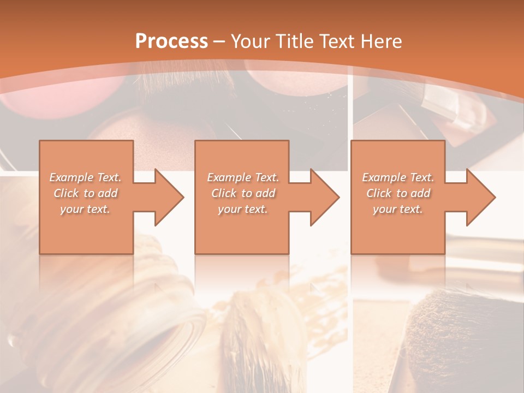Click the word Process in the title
[x=171, y=41]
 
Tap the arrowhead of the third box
[x=479, y=197]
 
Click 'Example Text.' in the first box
[x=85, y=177]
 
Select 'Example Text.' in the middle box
[x=243, y=177]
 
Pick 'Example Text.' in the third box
[x=398, y=177]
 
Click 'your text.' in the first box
[x=85, y=209]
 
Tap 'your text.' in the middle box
[x=243, y=209]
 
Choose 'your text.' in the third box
[x=398, y=209]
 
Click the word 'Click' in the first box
[x=66, y=193]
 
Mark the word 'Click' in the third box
[x=379, y=193]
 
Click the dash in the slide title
[x=219, y=41]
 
